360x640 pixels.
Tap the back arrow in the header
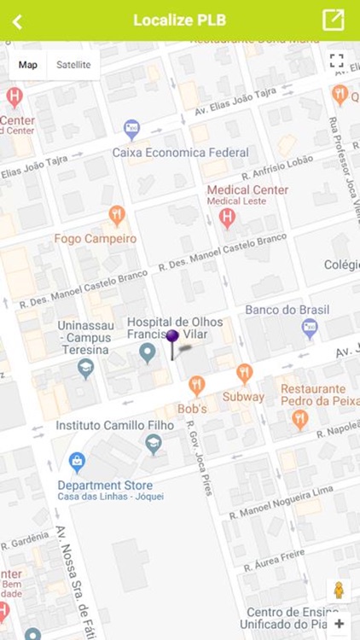[x=17, y=21]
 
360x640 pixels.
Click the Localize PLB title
[x=179, y=20]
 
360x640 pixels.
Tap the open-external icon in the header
[x=333, y=20]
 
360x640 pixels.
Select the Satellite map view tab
[x=73, y=65]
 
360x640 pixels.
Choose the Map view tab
[x=28, y=65]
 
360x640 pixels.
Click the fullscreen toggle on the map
[x=337, y=61]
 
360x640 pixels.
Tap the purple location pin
[x=172, y=339]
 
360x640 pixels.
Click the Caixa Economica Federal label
[x=180, y=153]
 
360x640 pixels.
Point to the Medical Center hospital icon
[x=227, y=217]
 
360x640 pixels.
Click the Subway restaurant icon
[x=244, y=373]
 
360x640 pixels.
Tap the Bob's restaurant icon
[x=196, y=386]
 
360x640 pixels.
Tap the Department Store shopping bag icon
[x=78, y=462]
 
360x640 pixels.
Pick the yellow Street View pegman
[x=338, y=591]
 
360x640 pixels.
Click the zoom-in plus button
[x=339, y=624]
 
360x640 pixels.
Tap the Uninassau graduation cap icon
[x=85, y=368]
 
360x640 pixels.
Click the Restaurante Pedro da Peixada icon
[x=299, y=419]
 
